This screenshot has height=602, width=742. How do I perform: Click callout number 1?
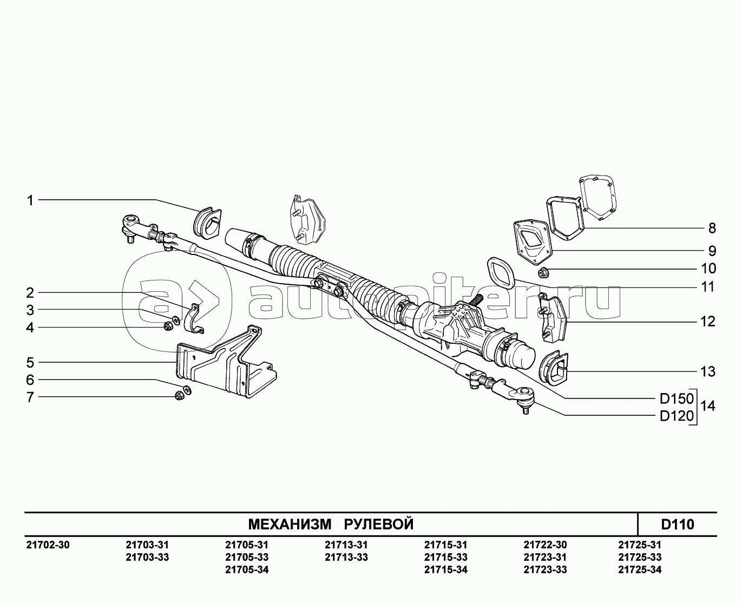point(31,201)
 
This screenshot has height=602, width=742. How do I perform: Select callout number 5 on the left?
point(31,362)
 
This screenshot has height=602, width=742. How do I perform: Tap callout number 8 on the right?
point(712,228)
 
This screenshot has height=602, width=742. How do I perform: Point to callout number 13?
point(707,372)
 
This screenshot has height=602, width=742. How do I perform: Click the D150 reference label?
point(676,399)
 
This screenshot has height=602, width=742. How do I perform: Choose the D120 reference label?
point(676,416)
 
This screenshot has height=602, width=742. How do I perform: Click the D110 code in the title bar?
point(678,524)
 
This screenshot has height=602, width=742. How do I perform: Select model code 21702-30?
point(48,545)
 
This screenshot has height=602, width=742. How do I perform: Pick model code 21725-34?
point(639,570)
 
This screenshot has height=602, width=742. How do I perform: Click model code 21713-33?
point(346,557)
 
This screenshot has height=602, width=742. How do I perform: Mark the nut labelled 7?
point(179,397)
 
